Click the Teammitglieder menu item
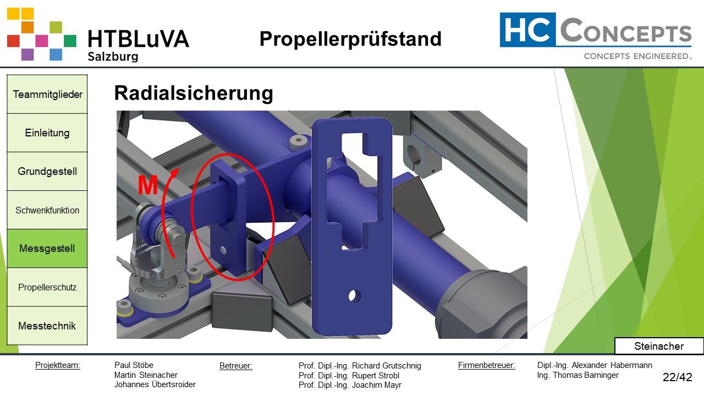click(x=47, y=94)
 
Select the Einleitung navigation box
click(x=47, y=133)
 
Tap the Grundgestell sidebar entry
click(x=47, y=171)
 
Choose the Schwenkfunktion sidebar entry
click(x=47, y=210)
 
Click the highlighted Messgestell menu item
click(x=47, y=249)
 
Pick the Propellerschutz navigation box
click(x=47, y=287)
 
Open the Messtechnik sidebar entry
click(x=47, y=326)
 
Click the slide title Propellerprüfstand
click(x=350, y=39)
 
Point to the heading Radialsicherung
click(x=194, y=94)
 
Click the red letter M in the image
click(x=147, y=186)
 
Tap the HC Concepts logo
click(x=596, y=36)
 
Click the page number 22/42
click(x=677, y=377)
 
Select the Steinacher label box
click(x=659, y=346)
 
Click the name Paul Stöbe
click(x=134, y=365)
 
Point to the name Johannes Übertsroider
click(x=155, y=385)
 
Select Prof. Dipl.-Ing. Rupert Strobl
click(x=349, y=376)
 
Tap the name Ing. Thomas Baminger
click(x=577, y=375)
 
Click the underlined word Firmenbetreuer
click(x=486, y=365)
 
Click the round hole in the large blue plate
click(x=355, y=295)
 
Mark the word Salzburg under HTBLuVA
click(x=113, y=57)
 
